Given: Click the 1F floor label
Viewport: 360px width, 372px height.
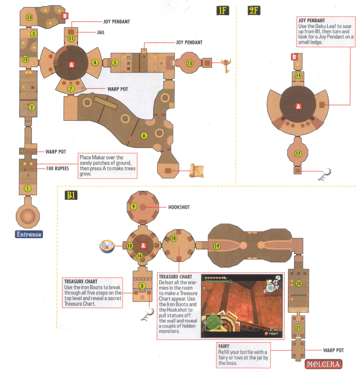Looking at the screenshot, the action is (223, 11).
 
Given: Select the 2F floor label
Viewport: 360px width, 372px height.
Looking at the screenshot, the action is (254, 11).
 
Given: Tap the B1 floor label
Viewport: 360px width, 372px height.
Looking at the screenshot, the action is (71, 195).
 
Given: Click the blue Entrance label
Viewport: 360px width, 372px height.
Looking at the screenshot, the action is (29, 234).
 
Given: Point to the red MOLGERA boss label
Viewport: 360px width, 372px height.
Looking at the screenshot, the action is (323, 364).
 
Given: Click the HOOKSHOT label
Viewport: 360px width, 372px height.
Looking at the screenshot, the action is (179, 207).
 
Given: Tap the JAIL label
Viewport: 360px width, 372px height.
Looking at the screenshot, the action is (100, 32).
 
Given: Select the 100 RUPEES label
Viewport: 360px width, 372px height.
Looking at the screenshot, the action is (57, 168).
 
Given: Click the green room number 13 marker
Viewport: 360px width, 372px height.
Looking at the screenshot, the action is (29, 17).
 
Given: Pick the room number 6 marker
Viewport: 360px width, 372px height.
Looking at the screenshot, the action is (144, 135).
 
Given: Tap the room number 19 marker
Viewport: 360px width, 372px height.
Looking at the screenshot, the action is (217, 246).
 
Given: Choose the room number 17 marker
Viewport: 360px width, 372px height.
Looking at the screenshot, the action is (298, 154).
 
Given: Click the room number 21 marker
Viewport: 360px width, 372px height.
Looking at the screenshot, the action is (298, 327).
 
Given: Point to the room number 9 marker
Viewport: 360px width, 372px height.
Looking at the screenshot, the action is (133, 206).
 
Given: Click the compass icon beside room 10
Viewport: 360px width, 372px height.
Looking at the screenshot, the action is (107, 246).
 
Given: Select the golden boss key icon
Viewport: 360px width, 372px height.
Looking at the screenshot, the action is (226, 65).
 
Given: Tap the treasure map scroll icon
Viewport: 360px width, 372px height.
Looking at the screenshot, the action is (197, 171).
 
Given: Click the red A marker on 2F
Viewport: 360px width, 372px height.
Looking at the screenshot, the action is (298, 106).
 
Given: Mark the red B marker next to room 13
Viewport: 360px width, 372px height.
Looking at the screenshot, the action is (65, 16).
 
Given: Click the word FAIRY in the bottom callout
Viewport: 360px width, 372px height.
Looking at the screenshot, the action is (224, 346).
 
